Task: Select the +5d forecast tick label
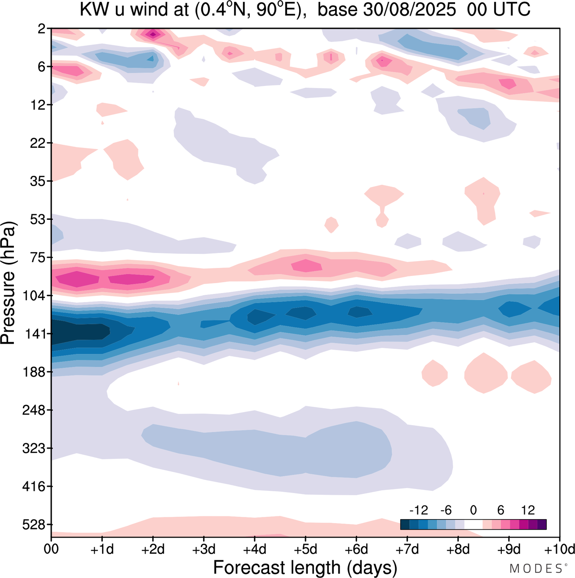(x=305, y=549)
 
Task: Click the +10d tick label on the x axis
(x=559, y=549)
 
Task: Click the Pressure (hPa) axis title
(x=9, y=283)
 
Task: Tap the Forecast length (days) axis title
(x=305, y=567)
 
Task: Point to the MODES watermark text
(x=536, y=569)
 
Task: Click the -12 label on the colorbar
(x=419, y=510)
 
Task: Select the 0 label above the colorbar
(x=473, y=510)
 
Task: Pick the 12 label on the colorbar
(x=528, y=510)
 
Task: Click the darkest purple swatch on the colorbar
(x=542, y=524)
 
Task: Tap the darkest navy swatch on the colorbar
(x=405, y=524)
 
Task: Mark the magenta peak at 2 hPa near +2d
(x=153, y=34)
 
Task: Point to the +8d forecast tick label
(x=458, y=549)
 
